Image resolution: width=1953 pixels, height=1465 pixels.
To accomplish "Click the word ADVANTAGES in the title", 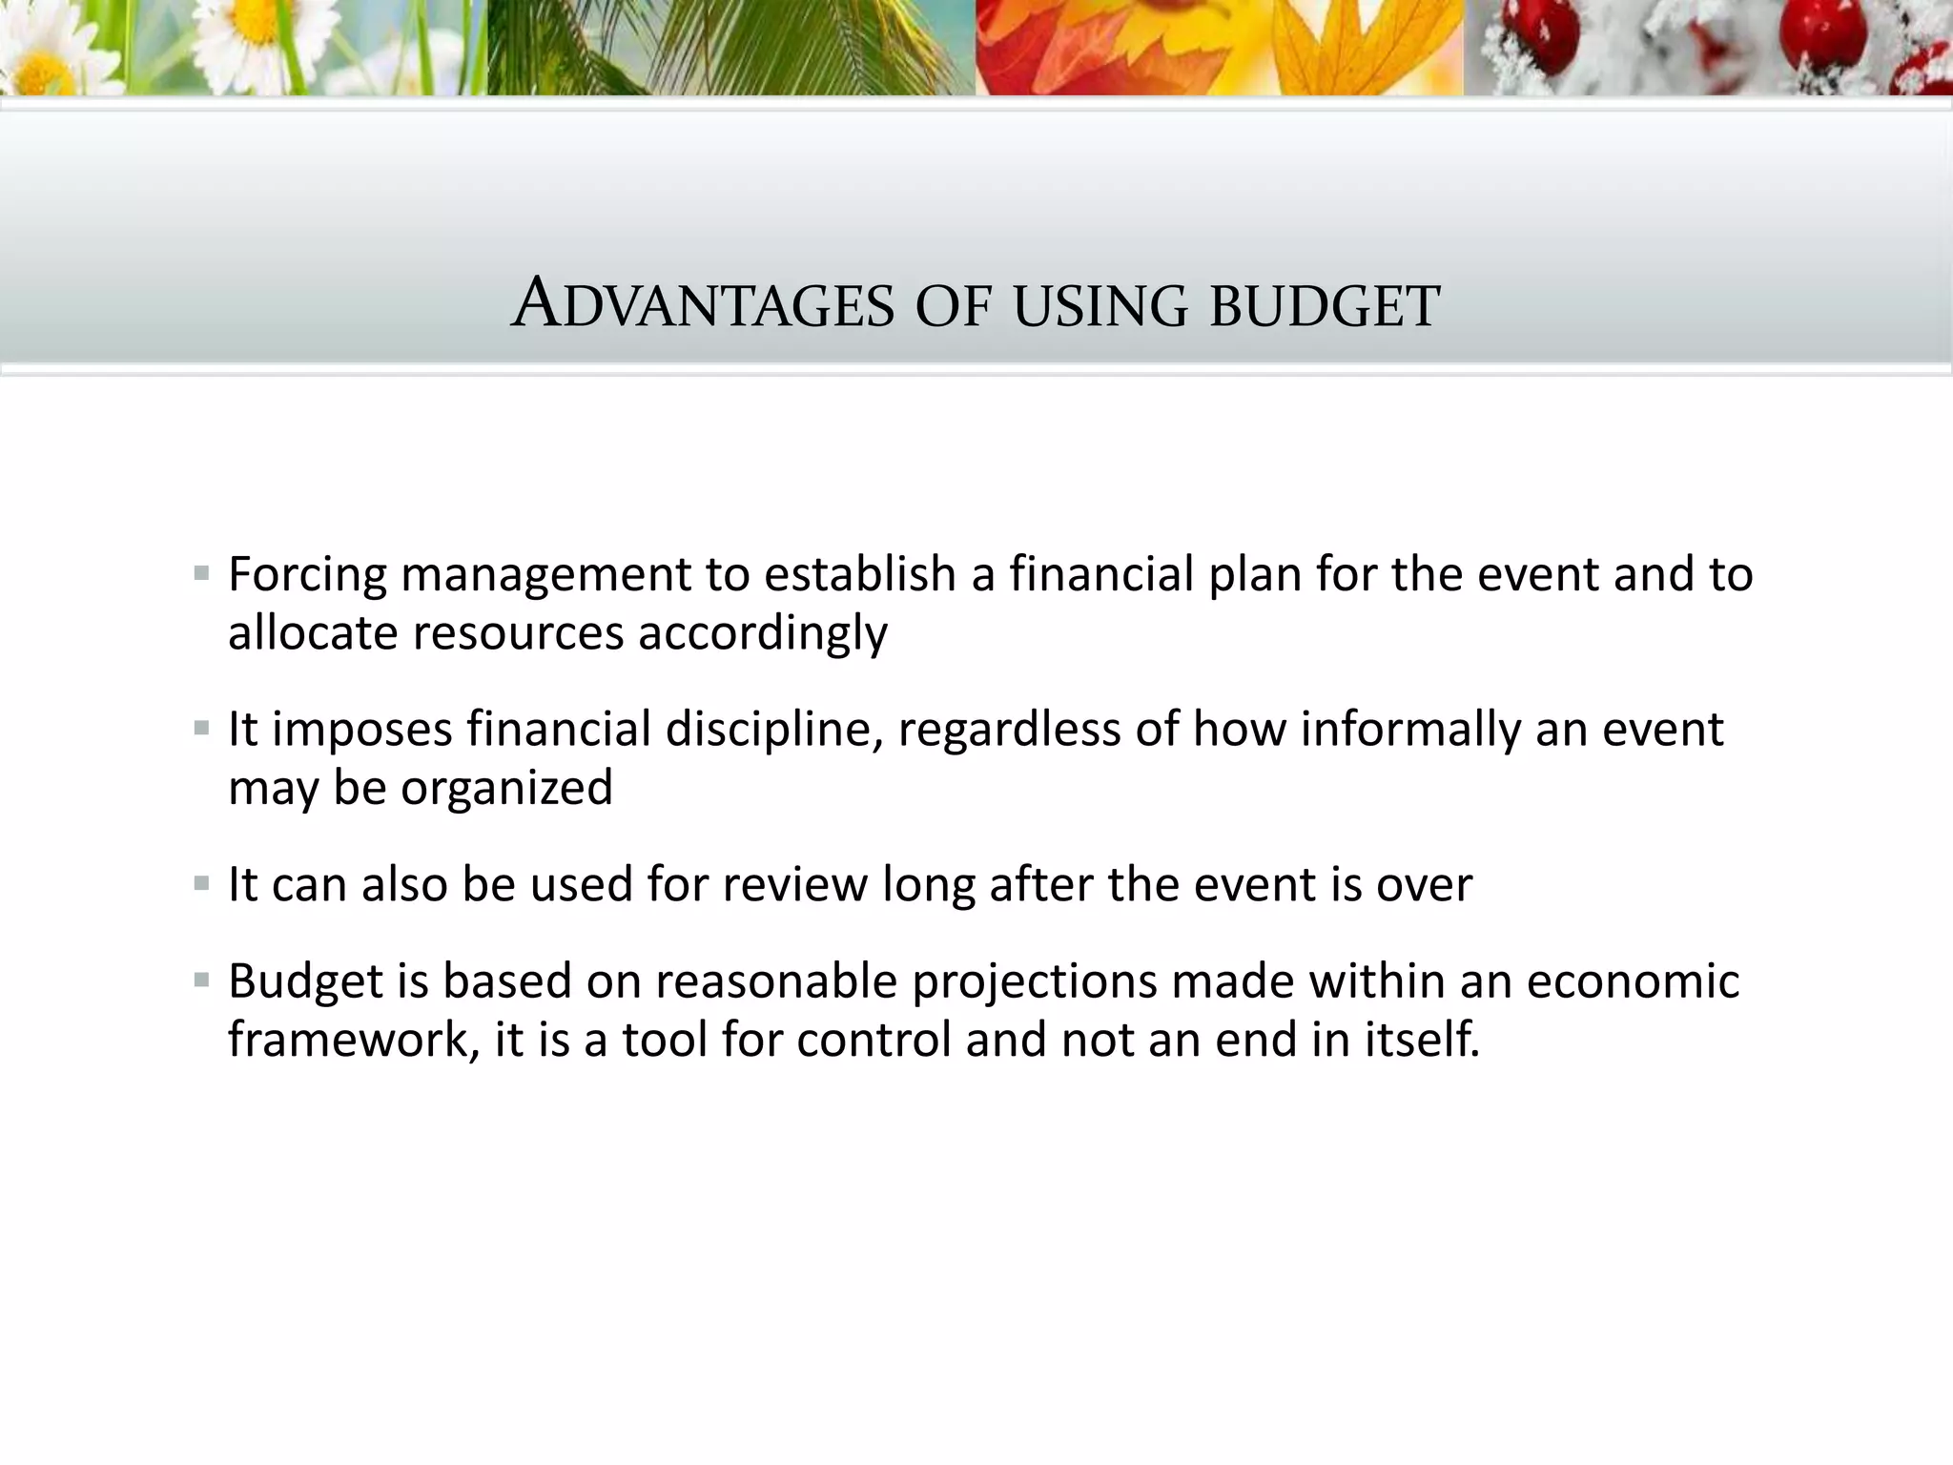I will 703,305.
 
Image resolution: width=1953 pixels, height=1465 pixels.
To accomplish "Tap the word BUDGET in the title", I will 1325,307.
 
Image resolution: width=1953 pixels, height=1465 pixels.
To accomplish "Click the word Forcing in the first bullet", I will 307,575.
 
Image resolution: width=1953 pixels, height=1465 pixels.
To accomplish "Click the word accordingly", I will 762,634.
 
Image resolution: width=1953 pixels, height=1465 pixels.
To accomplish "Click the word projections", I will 1034,982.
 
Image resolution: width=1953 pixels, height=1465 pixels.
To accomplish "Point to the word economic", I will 1633,982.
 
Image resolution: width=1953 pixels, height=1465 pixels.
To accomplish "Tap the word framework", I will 353,1040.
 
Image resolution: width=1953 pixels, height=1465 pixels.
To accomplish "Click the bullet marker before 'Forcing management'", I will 201,574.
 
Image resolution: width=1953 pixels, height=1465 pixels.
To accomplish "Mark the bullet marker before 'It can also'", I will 201,884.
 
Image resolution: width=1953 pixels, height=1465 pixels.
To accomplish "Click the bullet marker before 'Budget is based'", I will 201,980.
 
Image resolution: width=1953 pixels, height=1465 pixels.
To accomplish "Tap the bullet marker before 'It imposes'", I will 201,730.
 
